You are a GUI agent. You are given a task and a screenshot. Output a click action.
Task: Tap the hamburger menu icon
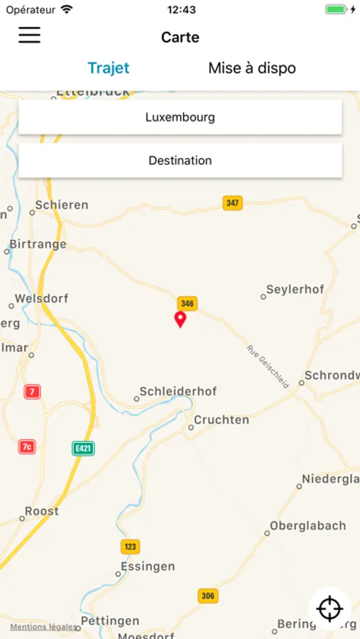click(x=29, y=35)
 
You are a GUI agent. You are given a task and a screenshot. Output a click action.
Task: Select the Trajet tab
click(x=109, y=68)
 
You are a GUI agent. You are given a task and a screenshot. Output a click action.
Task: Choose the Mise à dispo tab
click(x=252, y=68)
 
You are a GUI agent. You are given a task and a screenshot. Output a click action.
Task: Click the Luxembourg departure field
click(x=180, y=117)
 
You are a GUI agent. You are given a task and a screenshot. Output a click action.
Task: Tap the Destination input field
click(x=180, y=160)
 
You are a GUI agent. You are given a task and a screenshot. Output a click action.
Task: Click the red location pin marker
click(x=180, y=319)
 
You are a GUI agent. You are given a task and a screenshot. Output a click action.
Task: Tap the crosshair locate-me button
click(x=329, y=608)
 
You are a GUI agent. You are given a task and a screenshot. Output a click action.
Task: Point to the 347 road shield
click(x=232, y=203)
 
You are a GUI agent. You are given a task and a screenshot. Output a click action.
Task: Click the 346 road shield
click(x=187, y=303)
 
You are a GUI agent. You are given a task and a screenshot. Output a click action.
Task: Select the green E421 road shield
click(x=83, y=449)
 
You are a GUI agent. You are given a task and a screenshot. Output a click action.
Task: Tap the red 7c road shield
click(x=27, y=447)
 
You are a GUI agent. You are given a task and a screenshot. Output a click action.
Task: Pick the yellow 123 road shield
click(x=130, y=547)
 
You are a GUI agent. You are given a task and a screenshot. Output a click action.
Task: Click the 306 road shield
click(x=207, y=596)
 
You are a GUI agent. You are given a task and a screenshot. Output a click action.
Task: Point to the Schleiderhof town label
click(x=178, y=391)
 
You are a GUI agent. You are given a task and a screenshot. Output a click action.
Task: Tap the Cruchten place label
click(x=221, y=420)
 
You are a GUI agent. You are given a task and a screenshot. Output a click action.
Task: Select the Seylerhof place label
click(x=295, y=290)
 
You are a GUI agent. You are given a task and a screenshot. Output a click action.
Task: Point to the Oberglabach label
click(x=307, y=526)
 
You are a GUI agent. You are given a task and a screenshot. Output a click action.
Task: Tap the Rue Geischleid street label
click(x=268, y=366)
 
